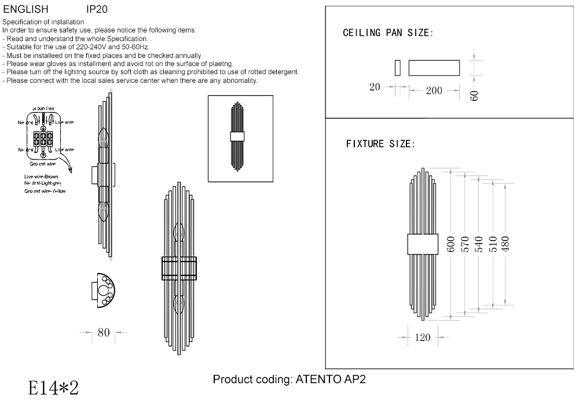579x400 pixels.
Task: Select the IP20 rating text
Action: tap(96, 10)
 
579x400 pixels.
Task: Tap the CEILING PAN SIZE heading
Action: tap(387, 32)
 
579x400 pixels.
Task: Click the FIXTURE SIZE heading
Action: tap(380, 144)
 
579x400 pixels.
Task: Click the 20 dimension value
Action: tap(375, 87)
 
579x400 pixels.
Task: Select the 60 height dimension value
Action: tap(474, 96)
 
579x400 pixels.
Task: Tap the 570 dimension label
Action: tap(464, 243)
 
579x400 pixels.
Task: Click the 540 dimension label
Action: tap(478, 243)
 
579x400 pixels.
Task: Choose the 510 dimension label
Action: tap(492, 243)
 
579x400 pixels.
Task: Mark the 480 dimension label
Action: tap(505, 243)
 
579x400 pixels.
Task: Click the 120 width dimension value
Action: tap(423, 338)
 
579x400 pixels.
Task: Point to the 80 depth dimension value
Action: tap(104, 333)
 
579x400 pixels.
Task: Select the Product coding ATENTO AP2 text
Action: tap(289, 380)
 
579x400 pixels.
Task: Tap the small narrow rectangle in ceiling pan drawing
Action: tap(397, 68)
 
